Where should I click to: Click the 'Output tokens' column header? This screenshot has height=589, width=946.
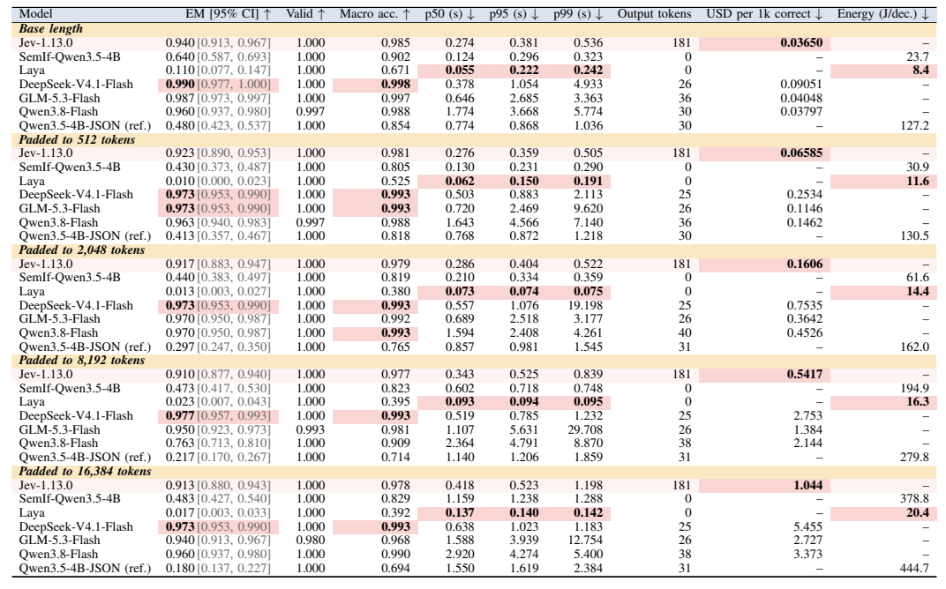click(654, 14)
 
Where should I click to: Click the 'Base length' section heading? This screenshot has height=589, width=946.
click(50, 28)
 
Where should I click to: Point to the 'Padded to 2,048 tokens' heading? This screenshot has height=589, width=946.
click(81, 250)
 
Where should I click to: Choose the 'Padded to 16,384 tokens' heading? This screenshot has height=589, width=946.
click(85, 471)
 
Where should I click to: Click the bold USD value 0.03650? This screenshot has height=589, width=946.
click(801, 42)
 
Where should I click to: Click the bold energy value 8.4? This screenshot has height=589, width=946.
click(920, 70)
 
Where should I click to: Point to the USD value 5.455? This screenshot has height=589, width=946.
click(807, 526)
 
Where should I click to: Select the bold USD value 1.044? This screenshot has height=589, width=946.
click(807, 485)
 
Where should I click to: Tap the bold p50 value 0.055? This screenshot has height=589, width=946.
click(460, 70)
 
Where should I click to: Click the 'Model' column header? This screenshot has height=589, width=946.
click(35, 14)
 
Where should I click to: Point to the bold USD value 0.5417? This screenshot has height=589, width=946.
click(804, 374)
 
